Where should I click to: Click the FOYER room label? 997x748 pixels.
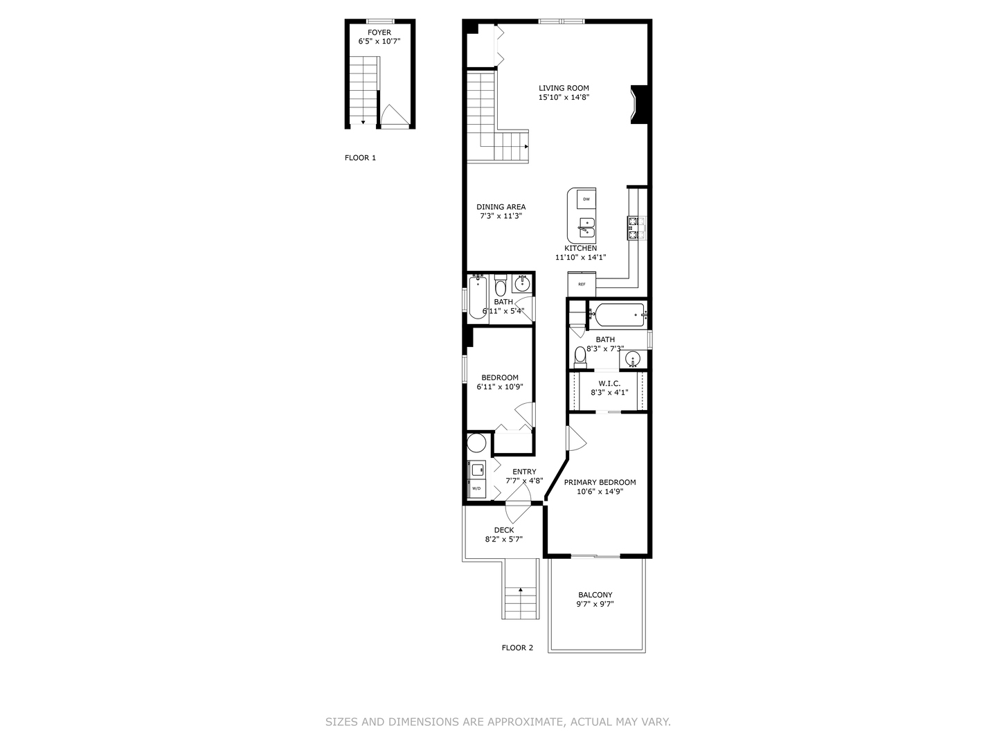coord(379,33)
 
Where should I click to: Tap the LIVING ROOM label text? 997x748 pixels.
coord(564,88)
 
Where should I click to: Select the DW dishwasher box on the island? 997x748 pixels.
coord(586,199)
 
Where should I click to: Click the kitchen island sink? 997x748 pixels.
coord(586,227)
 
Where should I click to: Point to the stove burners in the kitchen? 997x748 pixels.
coord(636,228)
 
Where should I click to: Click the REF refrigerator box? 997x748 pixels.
coord(582,284)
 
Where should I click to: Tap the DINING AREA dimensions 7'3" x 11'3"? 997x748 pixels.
coord(501,216)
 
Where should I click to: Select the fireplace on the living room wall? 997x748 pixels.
coord(639,104)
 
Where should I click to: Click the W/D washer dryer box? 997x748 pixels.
coord(477,488)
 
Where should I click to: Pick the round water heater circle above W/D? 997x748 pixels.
coord(477,443)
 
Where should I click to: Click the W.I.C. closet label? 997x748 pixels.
coord(609,383)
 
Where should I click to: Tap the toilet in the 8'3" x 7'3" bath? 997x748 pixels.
coord(580,356)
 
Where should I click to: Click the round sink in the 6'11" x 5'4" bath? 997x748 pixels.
coord(523,283)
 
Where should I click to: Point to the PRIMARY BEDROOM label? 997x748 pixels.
coord(600,482)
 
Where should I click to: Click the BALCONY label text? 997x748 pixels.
coord(595,595)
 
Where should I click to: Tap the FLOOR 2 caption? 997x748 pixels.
coord(517,648)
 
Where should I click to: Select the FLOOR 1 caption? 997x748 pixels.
coord(360,158)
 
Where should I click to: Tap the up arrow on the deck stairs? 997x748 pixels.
coord(520,591)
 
